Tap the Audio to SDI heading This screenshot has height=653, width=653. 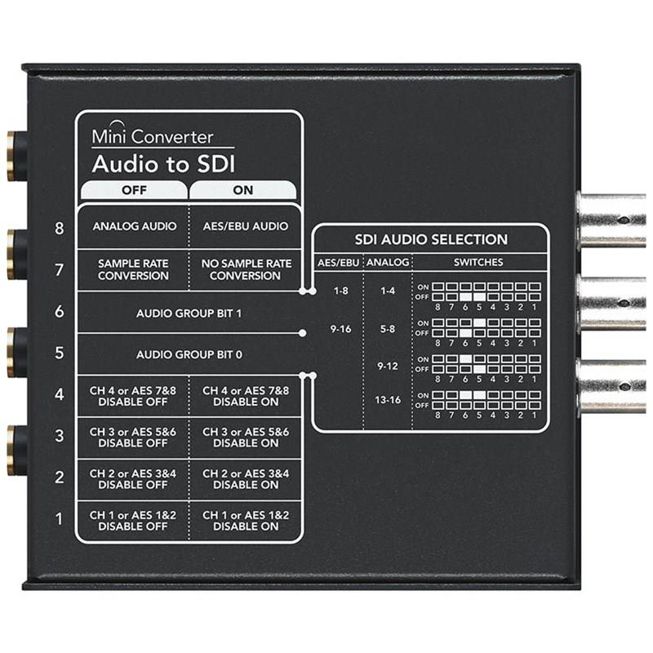(x=164, y=164)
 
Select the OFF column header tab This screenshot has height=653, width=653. (x=134, y=190)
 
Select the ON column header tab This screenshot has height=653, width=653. (x=243, y=190)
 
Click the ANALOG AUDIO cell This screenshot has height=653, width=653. (x=135, y=226)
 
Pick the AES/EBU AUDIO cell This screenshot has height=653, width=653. (x=246, y=226)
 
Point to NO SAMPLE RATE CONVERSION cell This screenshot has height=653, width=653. (x=247, y=269)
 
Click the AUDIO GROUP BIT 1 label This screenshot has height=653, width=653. (x=189, y=313)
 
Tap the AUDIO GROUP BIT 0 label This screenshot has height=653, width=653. (x=189, y=354)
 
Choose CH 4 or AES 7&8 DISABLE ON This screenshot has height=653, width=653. (x=246, y=396)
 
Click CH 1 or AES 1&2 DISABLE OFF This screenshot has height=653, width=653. (x=133, y=521)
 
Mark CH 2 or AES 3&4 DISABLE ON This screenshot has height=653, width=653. (x=246, y=479)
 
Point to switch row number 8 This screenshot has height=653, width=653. (x=59, y=229)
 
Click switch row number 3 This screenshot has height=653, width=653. (x=59, y=436)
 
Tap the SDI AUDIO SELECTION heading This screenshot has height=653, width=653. (x=431, y=239)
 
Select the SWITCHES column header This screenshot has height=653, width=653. (x=478, y=262)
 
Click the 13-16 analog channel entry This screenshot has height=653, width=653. (x=387, y=400)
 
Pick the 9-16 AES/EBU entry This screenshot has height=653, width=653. (x=340, y=329)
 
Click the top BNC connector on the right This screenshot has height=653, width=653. (x=611, y=220)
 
